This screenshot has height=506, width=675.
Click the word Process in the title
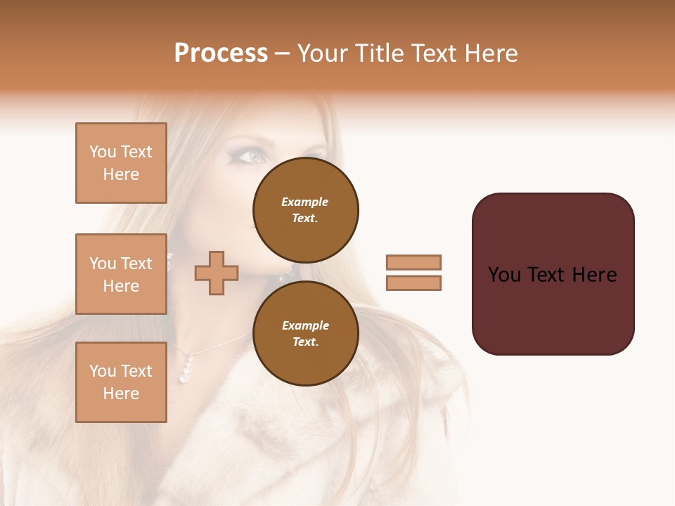tap(221, 53)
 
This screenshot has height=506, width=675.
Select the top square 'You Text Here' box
tap(121, 163)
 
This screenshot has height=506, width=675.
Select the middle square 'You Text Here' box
tap(121, 274)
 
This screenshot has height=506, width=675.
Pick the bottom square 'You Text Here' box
tap(121, 382)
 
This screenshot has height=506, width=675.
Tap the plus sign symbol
tap(217, 273)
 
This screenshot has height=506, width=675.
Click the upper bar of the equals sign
tap(414, 262)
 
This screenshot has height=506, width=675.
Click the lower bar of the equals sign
tap(414, 283)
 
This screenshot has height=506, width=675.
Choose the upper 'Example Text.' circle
tap(305, 209)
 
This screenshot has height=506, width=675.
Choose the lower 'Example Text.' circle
tap(305, 333)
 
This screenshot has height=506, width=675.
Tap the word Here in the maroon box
tap(594, 275)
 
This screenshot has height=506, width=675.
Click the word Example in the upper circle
tap(304, 202)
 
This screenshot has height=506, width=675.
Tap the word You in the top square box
tap(103, 152)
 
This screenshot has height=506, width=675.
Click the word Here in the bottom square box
tap(121, 394)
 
